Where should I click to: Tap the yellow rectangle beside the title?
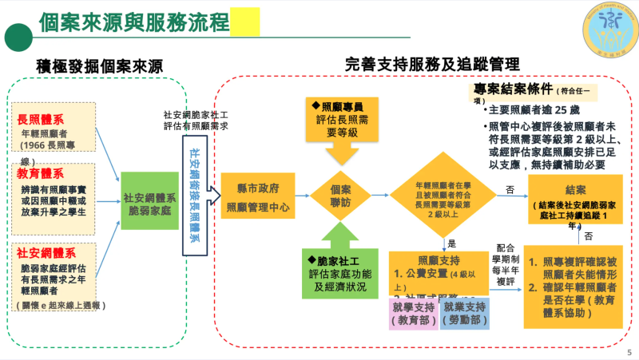[x=244, y=22]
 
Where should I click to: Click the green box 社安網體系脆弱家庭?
[x=149, y=201]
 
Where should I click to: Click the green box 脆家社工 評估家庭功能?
[x=339, y=272]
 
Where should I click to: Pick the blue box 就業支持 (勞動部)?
[x=464, y=313]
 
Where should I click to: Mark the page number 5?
[x=629, y=350]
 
